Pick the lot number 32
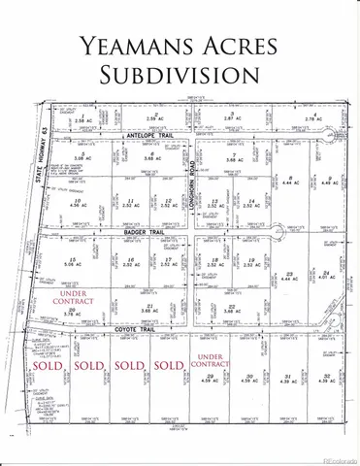pos(328,376)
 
